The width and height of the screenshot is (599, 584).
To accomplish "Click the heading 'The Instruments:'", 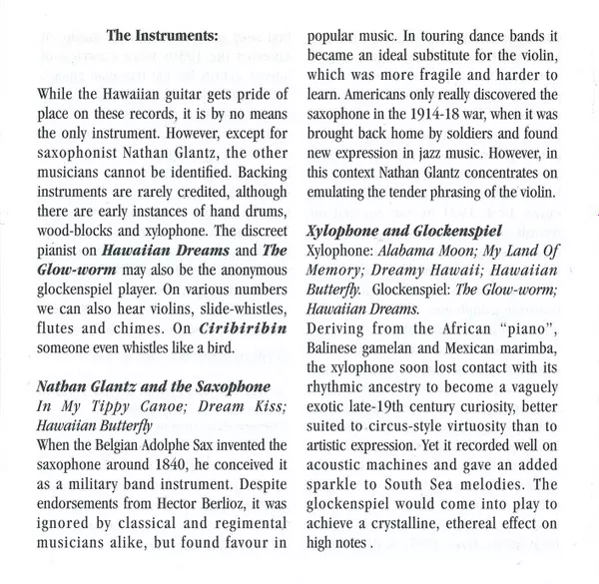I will pos(166,38).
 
